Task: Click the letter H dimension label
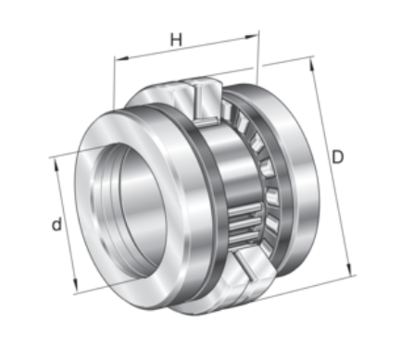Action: (x=176, y=40)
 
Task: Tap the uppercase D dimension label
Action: (x=337, y=157)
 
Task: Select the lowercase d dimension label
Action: (x=56, y=224)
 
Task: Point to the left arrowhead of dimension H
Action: (x=121, y=58)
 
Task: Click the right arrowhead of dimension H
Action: (x=251, y=37)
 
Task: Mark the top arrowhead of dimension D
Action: (x=312, y=65)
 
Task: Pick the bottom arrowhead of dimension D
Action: (x=349, y=269)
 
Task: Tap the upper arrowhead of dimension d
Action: (x=56, y=165)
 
